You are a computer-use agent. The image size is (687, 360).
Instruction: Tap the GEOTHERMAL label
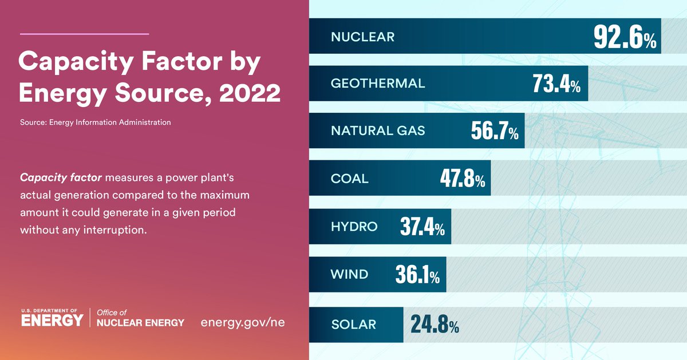[x=378, y=84]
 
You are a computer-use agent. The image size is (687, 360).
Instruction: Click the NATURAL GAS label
[x=378, y=130]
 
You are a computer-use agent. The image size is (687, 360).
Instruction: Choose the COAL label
[x=349, y=179]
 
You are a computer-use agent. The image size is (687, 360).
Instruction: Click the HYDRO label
[x=354, y=227]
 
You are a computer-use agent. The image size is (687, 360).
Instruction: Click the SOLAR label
[x=353, y=325]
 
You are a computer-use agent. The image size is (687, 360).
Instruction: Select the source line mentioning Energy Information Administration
[x=95, y=122]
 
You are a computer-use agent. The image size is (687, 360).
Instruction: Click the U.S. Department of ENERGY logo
[x=52, y=318]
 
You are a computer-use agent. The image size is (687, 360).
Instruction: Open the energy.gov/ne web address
[x=243, y=322]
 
